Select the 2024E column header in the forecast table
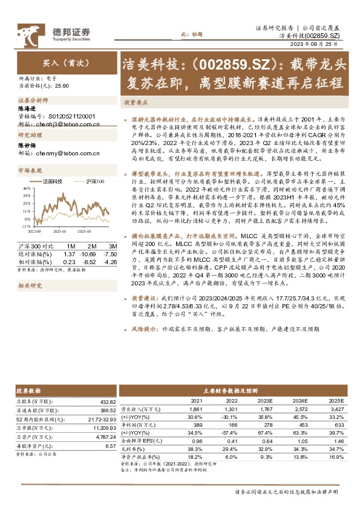299,401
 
